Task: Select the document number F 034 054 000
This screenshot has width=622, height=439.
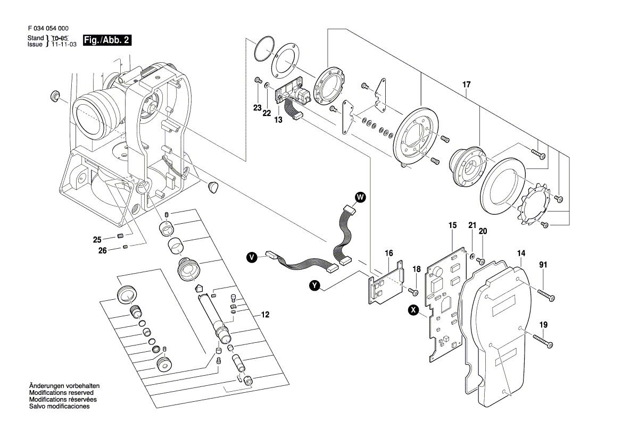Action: pyautogui.click(x=47, y=29)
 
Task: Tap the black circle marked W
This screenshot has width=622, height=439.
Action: pyautogui.click(x=360, y=198)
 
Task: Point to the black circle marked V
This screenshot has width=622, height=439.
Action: pyautogui.click(x=252, y=258)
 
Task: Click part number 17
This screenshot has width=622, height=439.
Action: pyautogui.click(x=467, y=84)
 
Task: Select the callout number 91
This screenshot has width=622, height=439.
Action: pyautogui.click(x=543, y=265)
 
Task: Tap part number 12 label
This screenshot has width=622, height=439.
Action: pyautogui.click(x=265, y=315)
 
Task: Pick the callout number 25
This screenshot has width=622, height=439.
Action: pyautogui.click(x=97, y=239)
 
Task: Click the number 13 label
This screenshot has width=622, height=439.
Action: pyautogui.click(x=278, y=120)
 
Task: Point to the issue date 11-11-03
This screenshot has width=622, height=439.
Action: pyautogui.click(x=64, y=45)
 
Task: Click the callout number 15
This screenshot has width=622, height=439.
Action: pyautogui.click(x=452, y=226)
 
